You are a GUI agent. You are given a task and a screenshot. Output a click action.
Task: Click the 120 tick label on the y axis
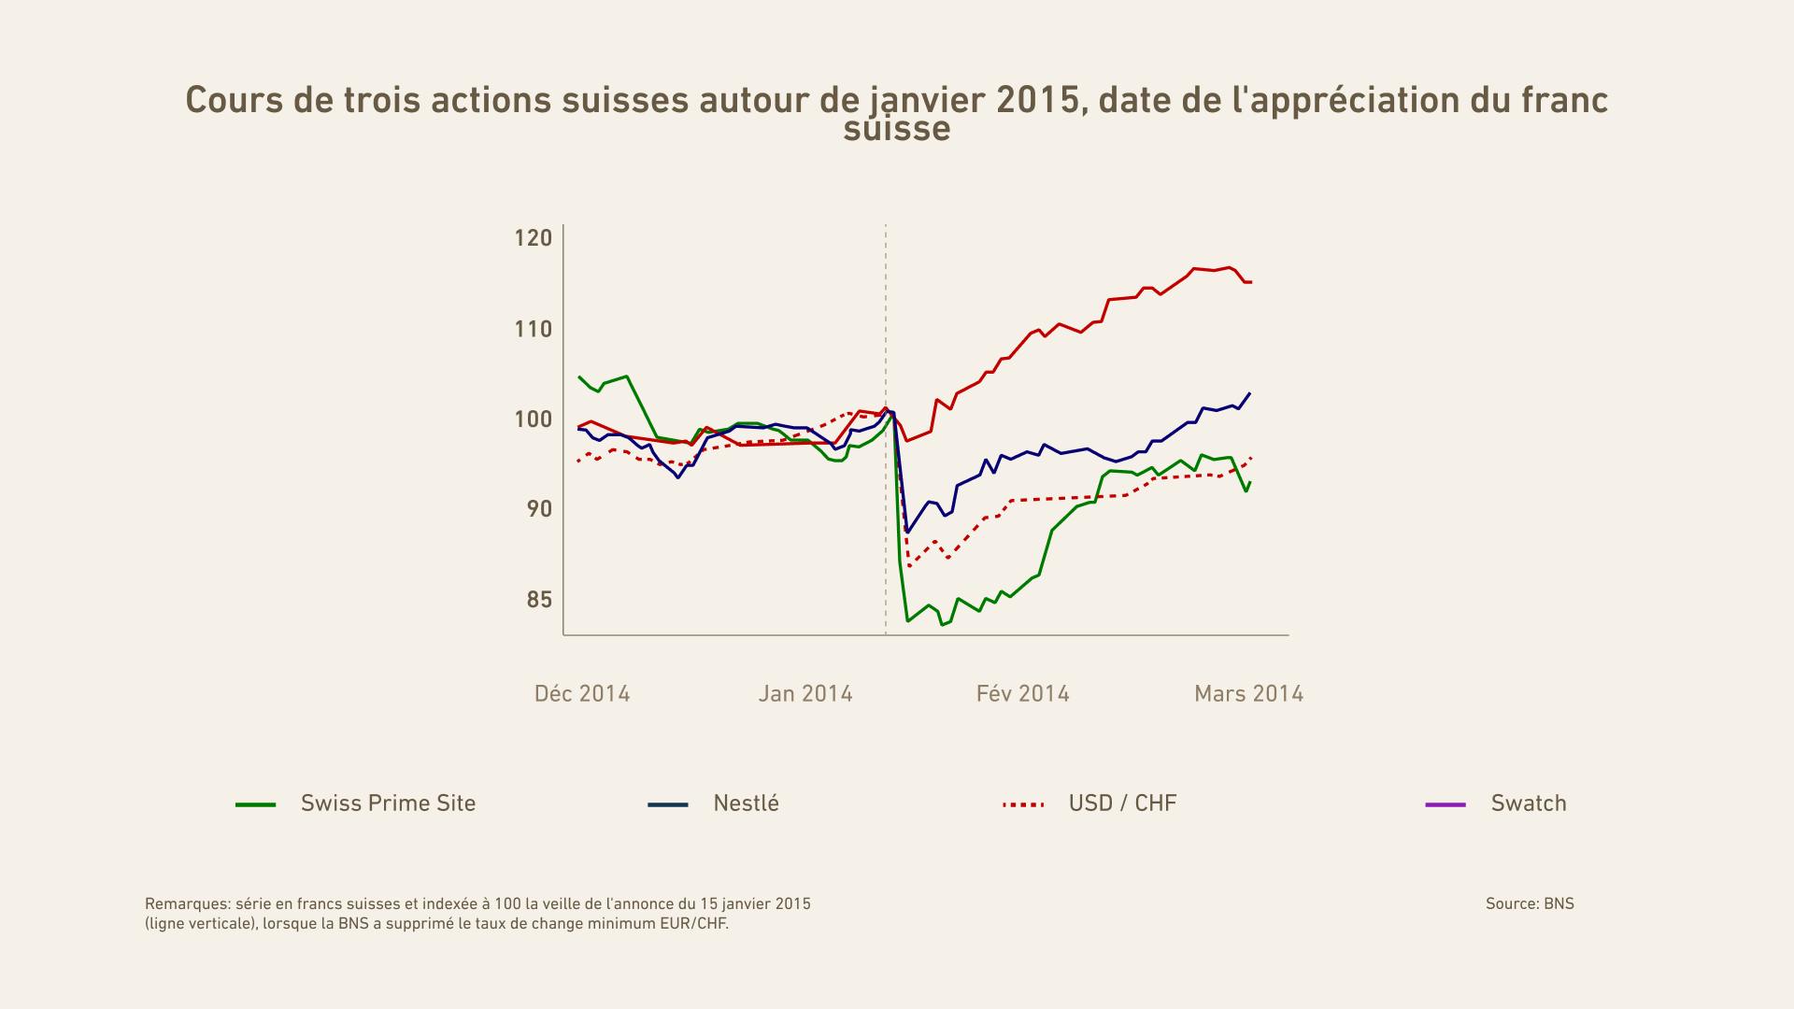tap(533, 238)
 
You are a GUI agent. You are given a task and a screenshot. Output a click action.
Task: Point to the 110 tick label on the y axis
tap(533, 329)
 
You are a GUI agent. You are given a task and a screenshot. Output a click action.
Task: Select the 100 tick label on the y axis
tap(533, 419)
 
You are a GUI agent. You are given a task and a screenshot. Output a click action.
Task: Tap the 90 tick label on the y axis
tap(533, 509)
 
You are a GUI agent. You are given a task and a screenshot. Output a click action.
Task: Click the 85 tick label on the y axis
tap(538, 600)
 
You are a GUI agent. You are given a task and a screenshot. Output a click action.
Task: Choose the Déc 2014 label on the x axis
tap(582, 694)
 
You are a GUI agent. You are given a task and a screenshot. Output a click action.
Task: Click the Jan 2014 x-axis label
tap(805, 694)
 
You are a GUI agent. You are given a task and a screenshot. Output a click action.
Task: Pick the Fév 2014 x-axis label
tap(1023, 694)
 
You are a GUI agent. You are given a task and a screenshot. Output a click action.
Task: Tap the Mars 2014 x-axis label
tap(1248, 694)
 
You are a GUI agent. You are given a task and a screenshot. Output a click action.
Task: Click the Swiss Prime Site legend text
tap(388, 803)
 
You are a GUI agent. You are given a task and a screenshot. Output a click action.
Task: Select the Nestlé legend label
tap(746, 803)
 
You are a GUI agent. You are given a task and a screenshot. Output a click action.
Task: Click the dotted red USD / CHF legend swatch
tap(1023, 804)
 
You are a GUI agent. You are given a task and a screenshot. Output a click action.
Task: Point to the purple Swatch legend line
tap(1445, 804)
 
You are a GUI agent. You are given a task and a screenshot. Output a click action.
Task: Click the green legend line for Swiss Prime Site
tap(256, 804)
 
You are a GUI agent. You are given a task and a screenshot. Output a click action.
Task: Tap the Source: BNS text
tap(1530, 903)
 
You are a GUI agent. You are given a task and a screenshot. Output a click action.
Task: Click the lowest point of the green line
tap(942, 624)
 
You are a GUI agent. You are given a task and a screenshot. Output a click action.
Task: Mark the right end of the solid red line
tap(1250, 282)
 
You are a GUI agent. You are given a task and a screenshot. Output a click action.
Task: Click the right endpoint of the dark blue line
tap(1250, 393)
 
